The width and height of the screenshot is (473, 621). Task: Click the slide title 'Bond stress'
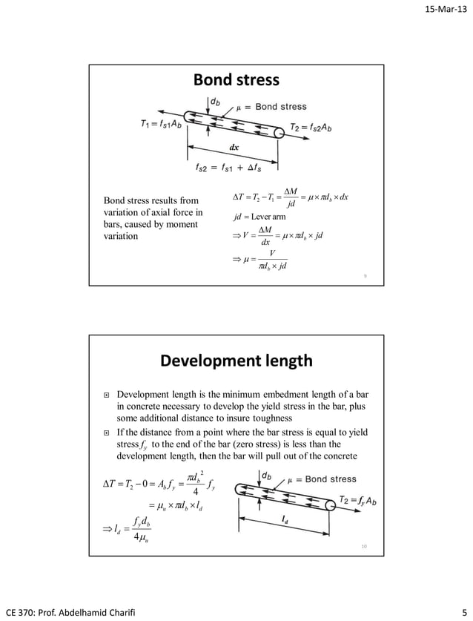(x=236, y=79)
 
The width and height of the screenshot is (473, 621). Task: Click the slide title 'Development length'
(x=236, y=361)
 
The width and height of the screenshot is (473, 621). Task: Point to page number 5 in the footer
(x=462, y=611)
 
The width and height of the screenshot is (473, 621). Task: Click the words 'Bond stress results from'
(x=151, y=200)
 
